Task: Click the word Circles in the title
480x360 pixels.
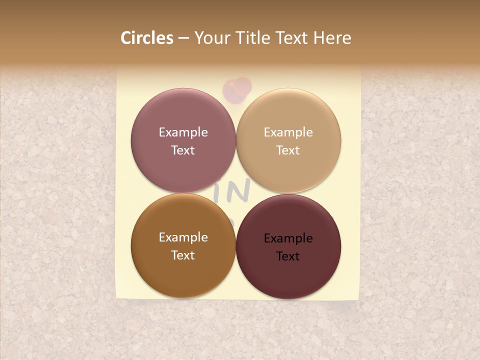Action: click(146, 38)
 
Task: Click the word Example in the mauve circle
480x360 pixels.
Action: click(183, 132)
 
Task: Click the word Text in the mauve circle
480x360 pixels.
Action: click(183, 150)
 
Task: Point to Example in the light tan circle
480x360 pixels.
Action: click(288, 132)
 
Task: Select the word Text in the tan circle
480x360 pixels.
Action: click(288, 150)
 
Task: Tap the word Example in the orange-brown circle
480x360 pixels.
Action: click(183, 237)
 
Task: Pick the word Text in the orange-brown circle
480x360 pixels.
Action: click(183, 255)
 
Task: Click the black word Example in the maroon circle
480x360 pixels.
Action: click(288, 238)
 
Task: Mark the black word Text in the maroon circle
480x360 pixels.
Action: click(288, 256)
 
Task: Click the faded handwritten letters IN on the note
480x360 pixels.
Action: click(238, 191)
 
